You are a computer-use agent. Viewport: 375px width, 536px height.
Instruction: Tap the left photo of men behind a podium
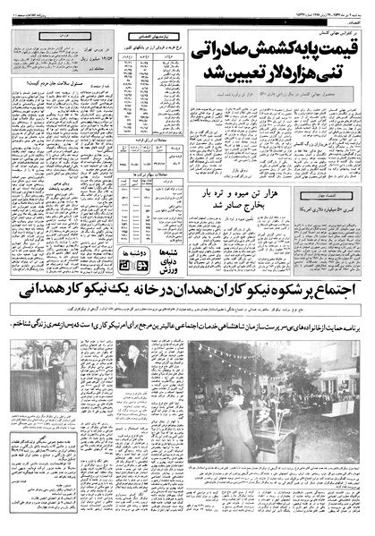(x=44, y=367)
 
